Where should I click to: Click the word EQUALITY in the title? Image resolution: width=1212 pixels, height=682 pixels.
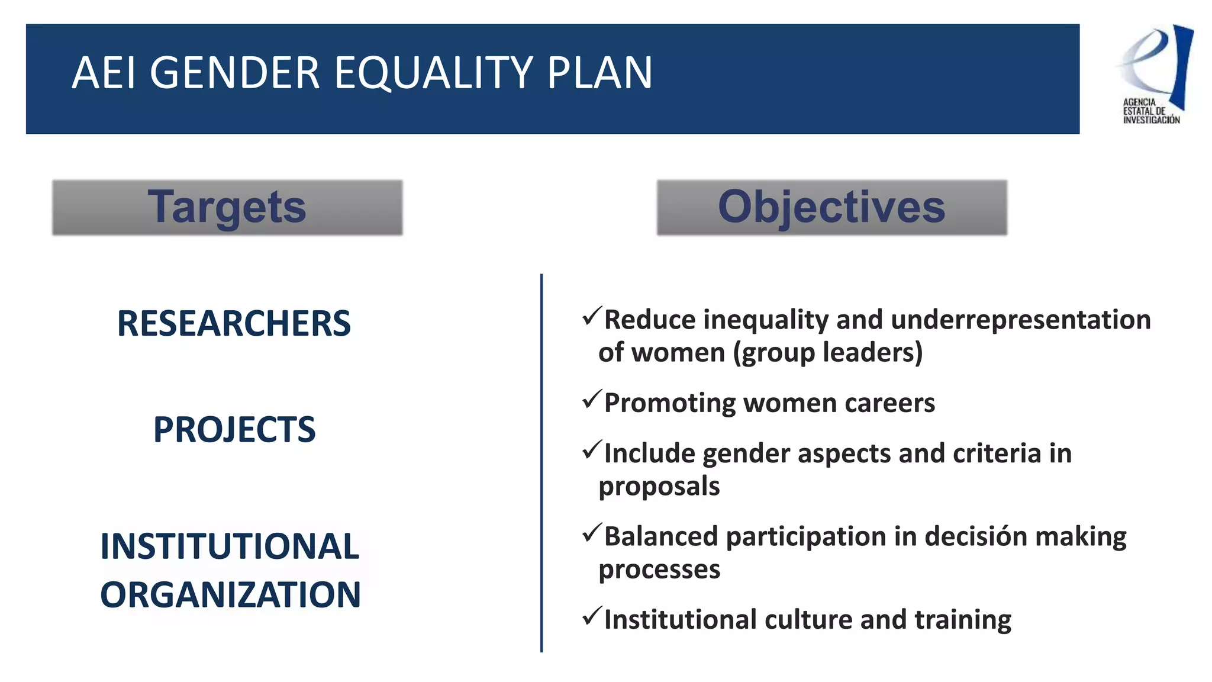pyautogui.click(x=433, y=73)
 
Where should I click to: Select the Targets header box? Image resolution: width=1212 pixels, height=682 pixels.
pyautogui.click(x=227, y=207)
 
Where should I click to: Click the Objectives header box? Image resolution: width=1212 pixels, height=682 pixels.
pyautogui.click(x=831, y=207)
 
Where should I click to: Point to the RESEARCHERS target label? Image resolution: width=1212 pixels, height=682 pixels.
pyautogui.click(x=234, y=324)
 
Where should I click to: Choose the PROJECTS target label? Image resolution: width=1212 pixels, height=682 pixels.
pyautogui.click(x=234, y=430)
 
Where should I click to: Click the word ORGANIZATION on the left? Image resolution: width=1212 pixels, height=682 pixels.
pyautogui.click(x=230, y=595)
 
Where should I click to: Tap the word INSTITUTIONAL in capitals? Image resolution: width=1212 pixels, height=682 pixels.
pyautogui.click(x=230, y=546)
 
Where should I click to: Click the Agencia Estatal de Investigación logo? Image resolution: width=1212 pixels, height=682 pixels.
pyautogui.click(x=1153, y=75)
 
